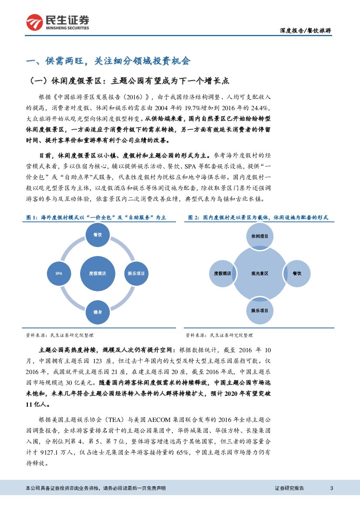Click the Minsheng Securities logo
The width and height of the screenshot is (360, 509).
[x=57, y=22]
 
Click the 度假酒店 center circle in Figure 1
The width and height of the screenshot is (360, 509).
[x=98, y=273]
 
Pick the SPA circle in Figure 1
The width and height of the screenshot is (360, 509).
[x=59, y=273]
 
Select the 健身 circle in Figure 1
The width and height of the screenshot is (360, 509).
[x=98, y=312]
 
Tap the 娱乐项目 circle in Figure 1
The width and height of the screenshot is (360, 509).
[x=136, y=273]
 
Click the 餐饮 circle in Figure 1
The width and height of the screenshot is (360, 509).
[x=98, y=235]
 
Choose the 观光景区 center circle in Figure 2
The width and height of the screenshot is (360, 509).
[x=260, y=273]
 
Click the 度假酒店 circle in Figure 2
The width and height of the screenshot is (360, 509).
[x=222, y=273]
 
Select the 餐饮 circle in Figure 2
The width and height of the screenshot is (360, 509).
[x=297, y=273]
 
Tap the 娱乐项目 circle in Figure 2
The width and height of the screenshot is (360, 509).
[x=260, y=311]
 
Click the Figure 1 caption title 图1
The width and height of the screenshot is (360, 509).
[x=96, y=217]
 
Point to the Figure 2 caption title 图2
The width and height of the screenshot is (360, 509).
[x=258, y=217]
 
